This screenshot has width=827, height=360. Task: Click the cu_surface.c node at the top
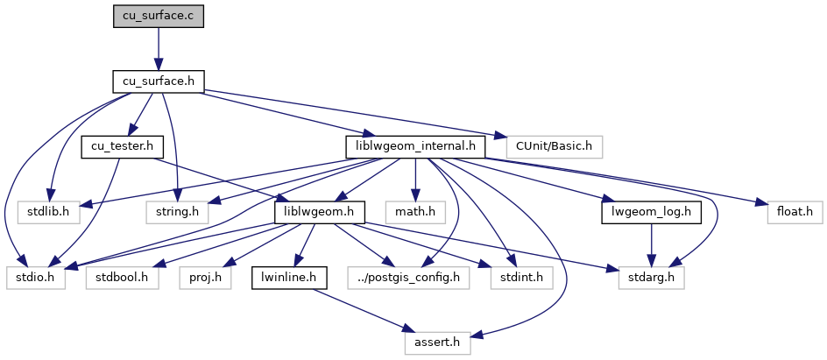(x=158, y=17)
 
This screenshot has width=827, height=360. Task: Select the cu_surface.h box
(x=158, y=81)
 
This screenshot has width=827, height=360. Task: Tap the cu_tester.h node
(x=117, y=146)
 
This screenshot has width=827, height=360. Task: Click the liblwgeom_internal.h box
(x=414, y=146)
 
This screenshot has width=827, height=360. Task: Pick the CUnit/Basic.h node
(x=548, y=146)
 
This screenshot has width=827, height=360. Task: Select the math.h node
(x=415, y=211)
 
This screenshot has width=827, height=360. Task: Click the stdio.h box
(x=36, y=279)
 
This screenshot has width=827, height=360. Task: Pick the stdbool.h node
(x=117, y=279)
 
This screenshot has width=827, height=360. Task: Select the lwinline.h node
(x=289, y=279)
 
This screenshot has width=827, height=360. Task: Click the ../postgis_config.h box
(x=408, y=279)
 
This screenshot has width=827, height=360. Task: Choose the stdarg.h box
(x=654, y=279)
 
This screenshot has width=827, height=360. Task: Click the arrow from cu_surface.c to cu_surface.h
(x=158, y=49)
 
